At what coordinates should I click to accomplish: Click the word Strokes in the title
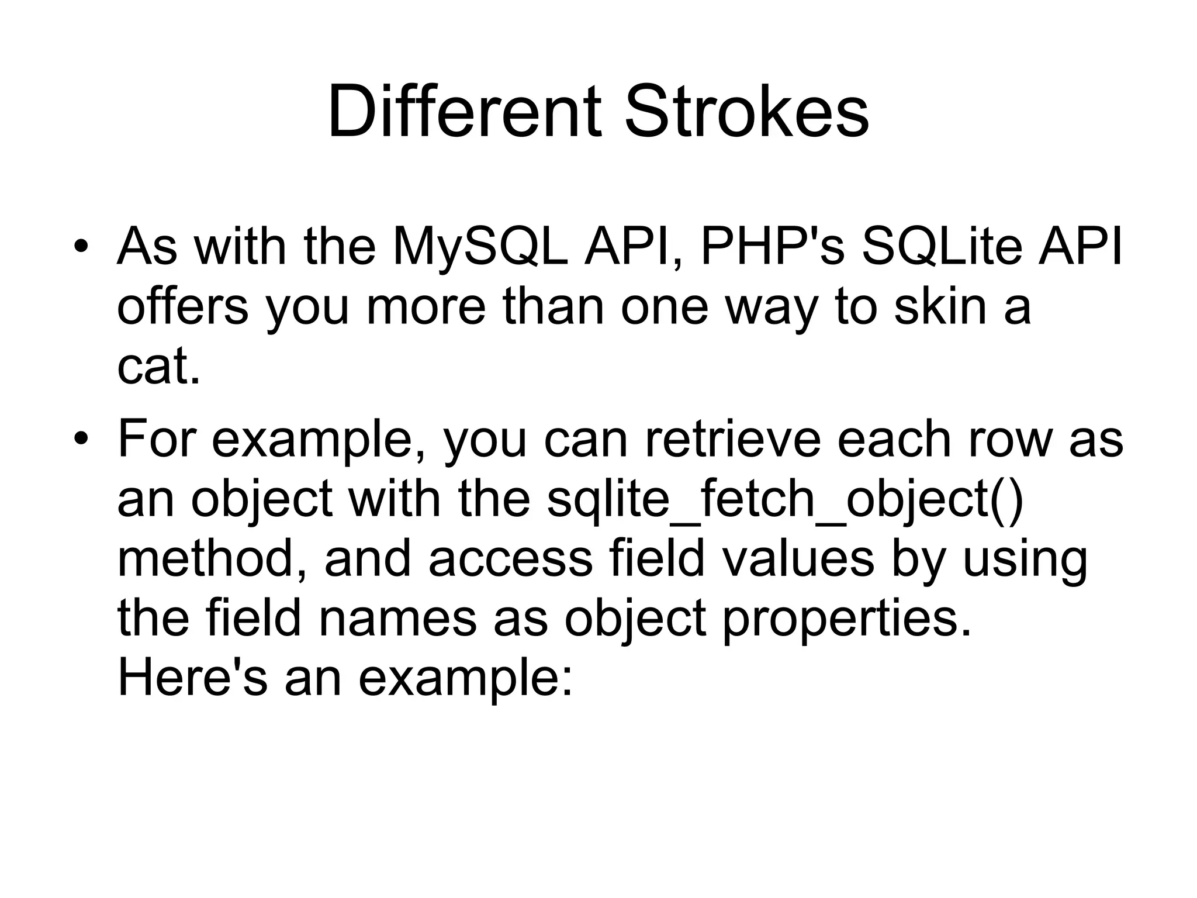click(746, 112)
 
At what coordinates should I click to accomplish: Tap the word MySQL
click(480, 247)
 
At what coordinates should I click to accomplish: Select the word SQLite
click(942, 247)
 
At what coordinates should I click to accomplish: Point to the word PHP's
click(773, 247)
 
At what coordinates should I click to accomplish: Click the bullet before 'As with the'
click(81, 247)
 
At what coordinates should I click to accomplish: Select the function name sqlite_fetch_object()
click(785, 500)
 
